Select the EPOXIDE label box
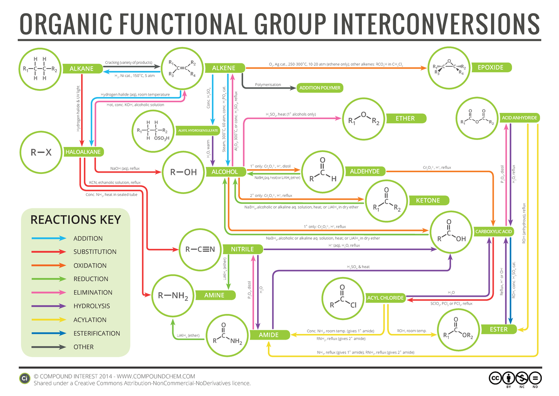tap(490, 68)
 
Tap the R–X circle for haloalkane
tap(41, 152)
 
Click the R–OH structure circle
tap(184, 172)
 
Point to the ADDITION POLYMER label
tap(320, 88)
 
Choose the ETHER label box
tap(405, 118)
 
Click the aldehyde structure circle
tap(323, 171)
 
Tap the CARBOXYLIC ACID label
tap(494, 231)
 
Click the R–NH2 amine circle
tap(172, 295)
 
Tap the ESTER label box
tap(498, 329)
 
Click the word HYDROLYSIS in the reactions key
tap(91, 306)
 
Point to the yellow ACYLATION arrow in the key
tap(48, 320)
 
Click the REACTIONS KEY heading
tap(75, 220)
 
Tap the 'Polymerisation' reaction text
tap(268, 85)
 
